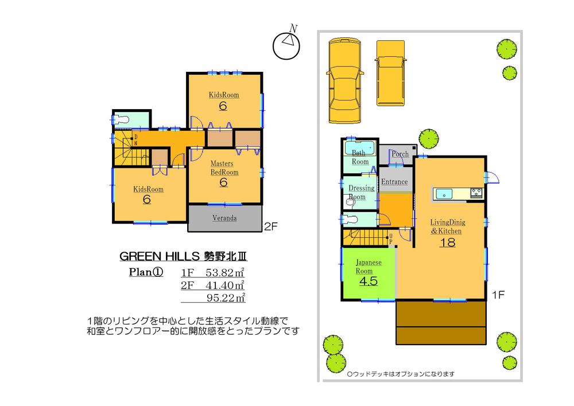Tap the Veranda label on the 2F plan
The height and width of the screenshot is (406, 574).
tap(225, 218)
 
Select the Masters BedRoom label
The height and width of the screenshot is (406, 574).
tap(224, 168)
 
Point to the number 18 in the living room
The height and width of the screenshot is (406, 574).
tap(447, 242)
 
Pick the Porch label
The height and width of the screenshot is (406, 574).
tap(400, 154)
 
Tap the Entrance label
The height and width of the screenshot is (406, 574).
tap(395, 182)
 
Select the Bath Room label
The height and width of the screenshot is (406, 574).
tap(359, 157)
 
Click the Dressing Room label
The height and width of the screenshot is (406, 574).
tap(362, 192)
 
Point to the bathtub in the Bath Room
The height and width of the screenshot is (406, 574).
tap(359, 146)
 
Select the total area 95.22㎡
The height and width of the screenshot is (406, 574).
tap(226, 297)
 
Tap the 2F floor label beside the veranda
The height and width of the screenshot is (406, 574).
tap(270, 226)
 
